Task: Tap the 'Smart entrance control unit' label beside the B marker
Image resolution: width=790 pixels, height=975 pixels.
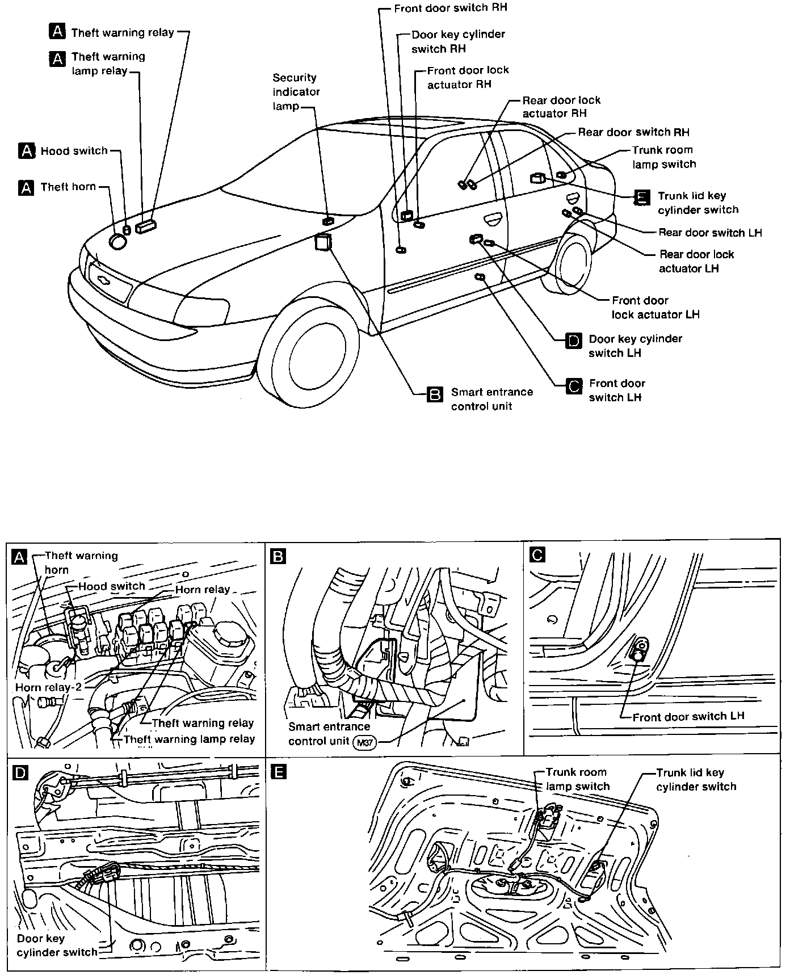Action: click(491, 399)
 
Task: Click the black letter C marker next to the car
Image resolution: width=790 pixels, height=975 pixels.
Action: click(574, 386)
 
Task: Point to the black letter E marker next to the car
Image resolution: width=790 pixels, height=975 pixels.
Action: click(642, 197)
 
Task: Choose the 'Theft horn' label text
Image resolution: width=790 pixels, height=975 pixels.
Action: click(68, 187)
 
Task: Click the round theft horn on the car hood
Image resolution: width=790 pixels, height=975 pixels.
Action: click(118, 242)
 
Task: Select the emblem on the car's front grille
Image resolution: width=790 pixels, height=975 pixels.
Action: click(103, 280)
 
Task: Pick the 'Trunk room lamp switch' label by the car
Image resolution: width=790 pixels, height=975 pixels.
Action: click(663, 157)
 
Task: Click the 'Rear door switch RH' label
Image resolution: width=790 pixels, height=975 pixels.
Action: click(633, 132)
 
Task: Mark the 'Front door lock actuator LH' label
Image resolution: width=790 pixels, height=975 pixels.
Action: click(655, 307)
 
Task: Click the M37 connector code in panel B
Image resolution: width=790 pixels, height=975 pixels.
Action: click(364, 742)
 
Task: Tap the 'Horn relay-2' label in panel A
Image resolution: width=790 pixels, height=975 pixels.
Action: click(48, 687)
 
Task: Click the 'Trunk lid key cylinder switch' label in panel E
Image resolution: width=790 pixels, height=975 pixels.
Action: click(696, 779)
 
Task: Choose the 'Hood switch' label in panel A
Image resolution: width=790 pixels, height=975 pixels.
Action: click(111, 586)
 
